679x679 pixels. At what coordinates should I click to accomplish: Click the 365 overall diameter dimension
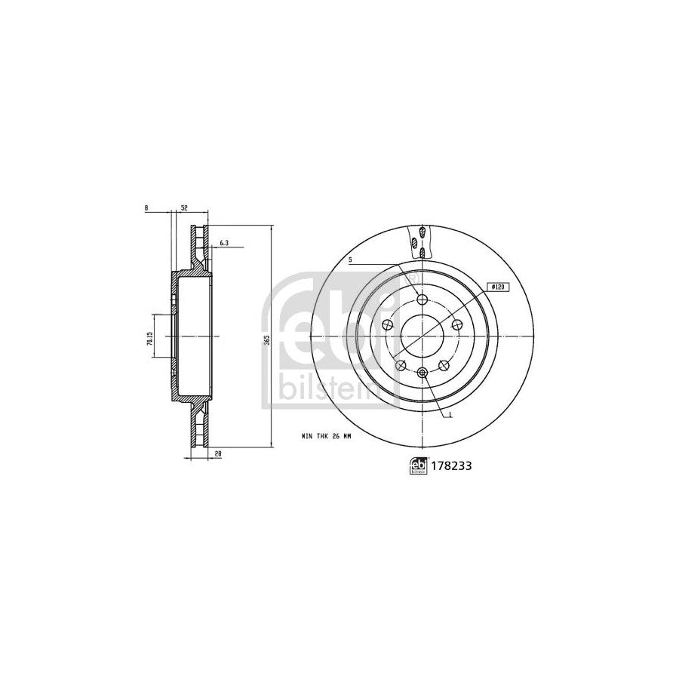point(265,339)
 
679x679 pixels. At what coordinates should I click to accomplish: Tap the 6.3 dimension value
point(224,243)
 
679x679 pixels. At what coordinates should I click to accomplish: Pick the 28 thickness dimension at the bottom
point(218,453)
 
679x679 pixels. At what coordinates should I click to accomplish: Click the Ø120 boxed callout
point(497,286)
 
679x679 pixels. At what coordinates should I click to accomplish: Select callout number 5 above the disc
point(351,260)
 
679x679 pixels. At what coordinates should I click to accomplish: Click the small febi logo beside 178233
point(416,467)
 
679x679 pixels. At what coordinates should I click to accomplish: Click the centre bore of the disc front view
point(422,334)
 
